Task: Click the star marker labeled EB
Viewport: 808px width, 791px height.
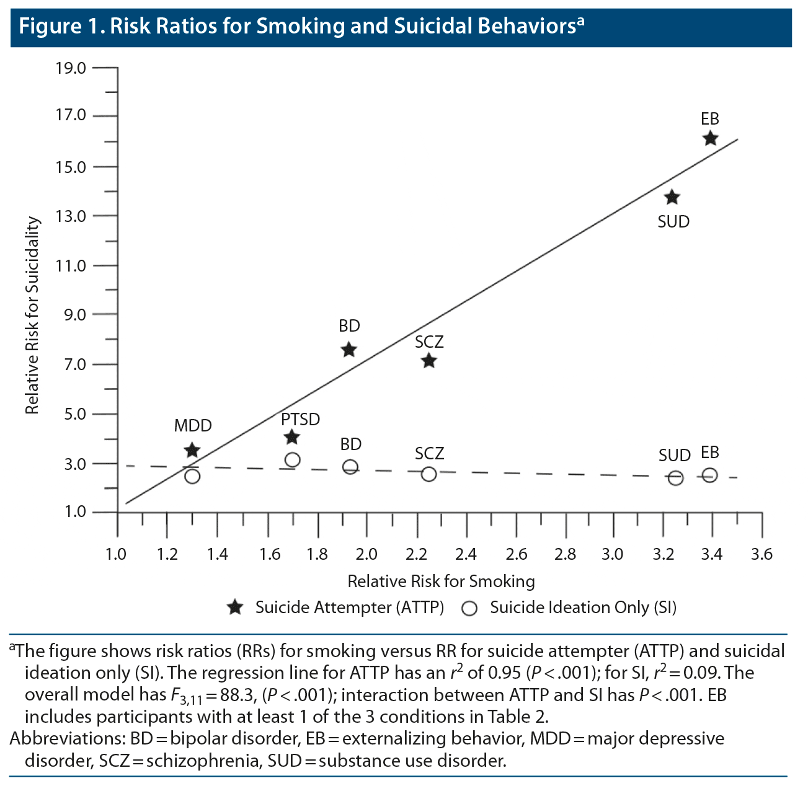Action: [710, 138]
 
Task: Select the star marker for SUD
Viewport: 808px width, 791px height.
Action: [672, 198]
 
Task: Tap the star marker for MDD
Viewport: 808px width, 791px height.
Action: [192, 450]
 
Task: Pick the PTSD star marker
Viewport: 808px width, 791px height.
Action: [291, 438]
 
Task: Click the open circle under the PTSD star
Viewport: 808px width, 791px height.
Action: [292, 460]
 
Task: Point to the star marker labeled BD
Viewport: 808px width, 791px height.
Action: [349, 350]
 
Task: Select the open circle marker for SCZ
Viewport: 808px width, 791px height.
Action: [428, 474]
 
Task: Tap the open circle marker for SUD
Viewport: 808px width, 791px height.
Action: [675, 478]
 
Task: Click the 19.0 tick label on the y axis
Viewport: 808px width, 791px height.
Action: [71, 68]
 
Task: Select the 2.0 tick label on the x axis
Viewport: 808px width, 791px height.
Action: [367, 554]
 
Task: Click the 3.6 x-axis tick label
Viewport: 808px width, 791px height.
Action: [761, 554]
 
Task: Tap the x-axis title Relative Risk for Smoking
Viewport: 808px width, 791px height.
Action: [441, 581]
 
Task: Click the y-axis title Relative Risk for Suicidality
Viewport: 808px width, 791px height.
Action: [32, 316]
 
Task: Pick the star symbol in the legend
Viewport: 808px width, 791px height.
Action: [235, 608]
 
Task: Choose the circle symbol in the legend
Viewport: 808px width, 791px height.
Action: [469, 608]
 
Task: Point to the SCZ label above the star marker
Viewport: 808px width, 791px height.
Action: [429, 342]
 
